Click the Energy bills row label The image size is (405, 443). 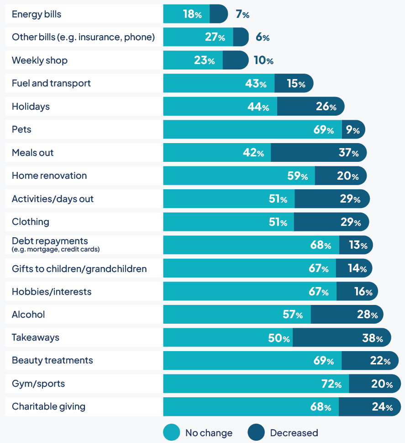(x=37, y=14)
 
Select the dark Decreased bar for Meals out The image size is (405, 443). (x=318, y=153)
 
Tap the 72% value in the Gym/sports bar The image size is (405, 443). (x=331, y=384)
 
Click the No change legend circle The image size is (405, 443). (x=171, y=432)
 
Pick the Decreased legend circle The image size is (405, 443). (x=256, y=432)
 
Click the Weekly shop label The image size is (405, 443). (x=40, y=60)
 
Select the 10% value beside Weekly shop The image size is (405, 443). (x=263, y=60)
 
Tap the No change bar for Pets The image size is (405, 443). (x=252, y=129)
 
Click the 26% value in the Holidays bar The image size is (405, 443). (x=326, y=107)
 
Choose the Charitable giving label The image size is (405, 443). (x=48, y=406)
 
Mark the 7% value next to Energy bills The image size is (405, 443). (x=242, y=14)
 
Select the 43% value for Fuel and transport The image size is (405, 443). (x=255, y=83)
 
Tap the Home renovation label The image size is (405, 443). (x=49, y=176)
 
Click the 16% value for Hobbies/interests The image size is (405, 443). (x=363, y=291)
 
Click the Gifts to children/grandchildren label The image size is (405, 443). (x=79, y=268)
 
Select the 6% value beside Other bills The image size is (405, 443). (x=263, y=37)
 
